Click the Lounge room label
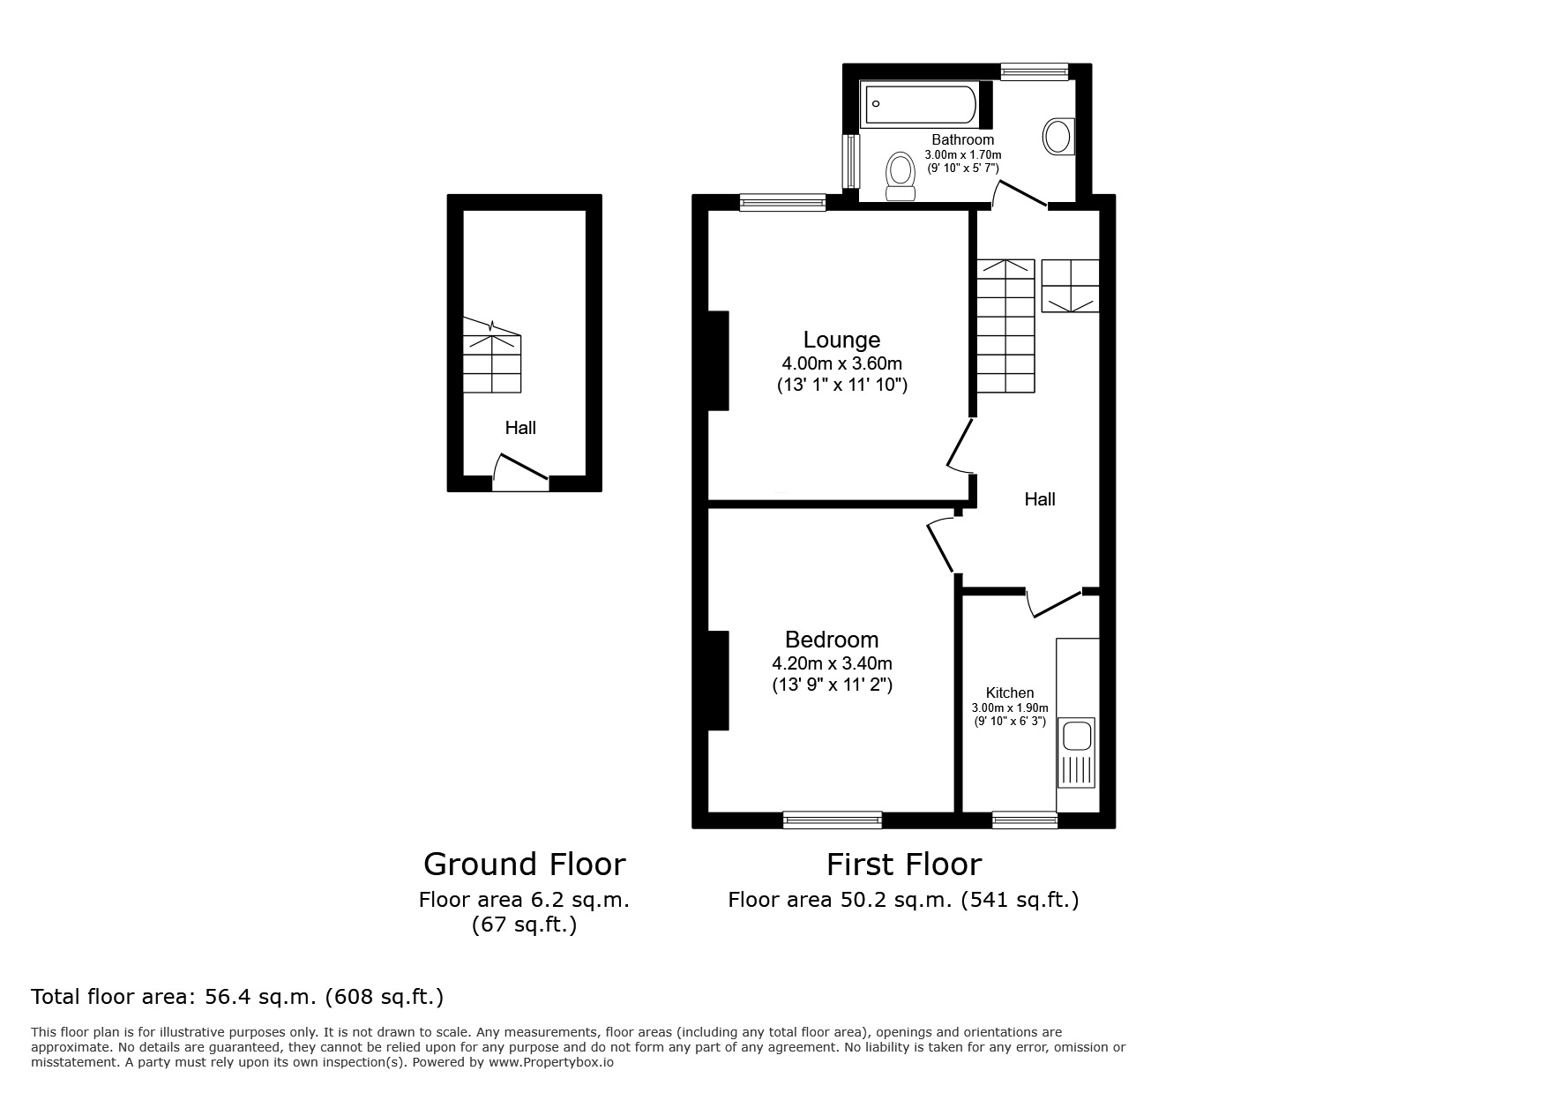click(x=841, y=340)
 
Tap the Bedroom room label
click(x=832, y=640)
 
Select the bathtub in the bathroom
click(x=920, y=104)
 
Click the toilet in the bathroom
click(x=901, y=175)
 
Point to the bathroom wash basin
click(x=1057, y=137)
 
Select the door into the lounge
click(x=961, y=445)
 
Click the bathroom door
click(x=1020, y=194)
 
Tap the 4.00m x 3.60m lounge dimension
click(x=841, y=363)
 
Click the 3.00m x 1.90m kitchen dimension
click(x=1010, y=707)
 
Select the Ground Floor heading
click(x=524, y=864)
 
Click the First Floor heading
click(x=903, y=864)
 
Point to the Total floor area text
click(x=237, y=997)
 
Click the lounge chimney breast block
click(x=719, y=360)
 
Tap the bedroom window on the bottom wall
click(x=832, y=820)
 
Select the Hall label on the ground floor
click(x=520, y=428)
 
